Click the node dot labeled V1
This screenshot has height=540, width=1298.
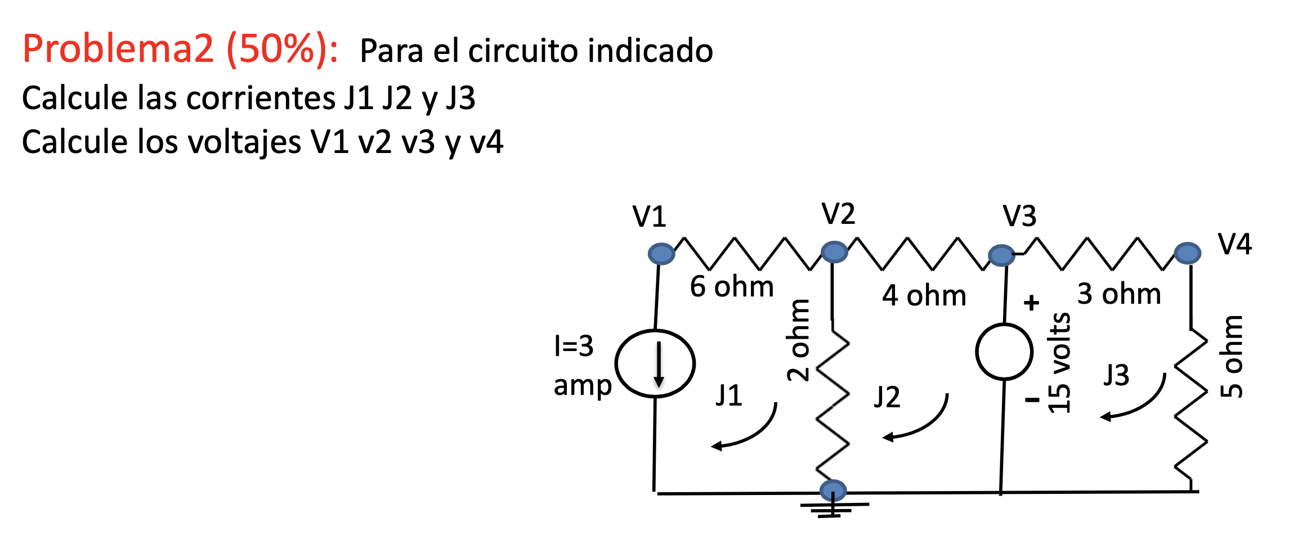click(661, 254)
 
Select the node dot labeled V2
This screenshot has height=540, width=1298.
click(834, 251)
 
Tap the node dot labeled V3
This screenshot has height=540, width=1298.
click(1001, 255)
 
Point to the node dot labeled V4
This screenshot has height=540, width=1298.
click(1188, 253)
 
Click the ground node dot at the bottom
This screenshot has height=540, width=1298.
click(833, 490)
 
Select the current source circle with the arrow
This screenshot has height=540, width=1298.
click(655, 364)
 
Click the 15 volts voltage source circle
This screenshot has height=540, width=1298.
click(1004, 352)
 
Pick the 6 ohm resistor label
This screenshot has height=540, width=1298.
click(732, 286)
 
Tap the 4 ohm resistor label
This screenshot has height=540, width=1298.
click(924, 295)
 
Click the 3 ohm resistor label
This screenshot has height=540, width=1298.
click(1119, 294)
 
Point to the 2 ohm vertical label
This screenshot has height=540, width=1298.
click(798, 340)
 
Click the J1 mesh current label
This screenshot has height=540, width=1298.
click(729, 395)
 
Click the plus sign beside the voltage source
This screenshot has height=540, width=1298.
click(1031, 303)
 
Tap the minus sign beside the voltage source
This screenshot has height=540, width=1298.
click(1032, 400)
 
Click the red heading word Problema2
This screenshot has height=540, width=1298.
click(119, 49)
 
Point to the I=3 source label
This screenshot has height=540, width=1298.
click(574, 345)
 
